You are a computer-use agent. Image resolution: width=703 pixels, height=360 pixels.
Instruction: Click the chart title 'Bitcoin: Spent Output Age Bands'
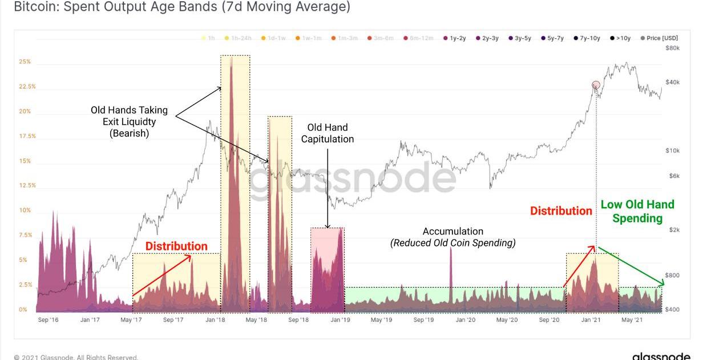(181, 7)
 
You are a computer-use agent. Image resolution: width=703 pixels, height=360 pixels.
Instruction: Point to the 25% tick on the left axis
(25, 62)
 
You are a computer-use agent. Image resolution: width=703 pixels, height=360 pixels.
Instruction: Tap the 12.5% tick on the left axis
(27, 185)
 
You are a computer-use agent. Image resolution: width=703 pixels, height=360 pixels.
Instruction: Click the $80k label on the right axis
(673, 48)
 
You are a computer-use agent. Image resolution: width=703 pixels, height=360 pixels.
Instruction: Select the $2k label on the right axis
(674, 230)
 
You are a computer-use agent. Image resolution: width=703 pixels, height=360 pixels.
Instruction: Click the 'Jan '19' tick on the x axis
(340, 320)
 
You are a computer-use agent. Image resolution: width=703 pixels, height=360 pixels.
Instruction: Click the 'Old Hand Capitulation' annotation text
(328, 134)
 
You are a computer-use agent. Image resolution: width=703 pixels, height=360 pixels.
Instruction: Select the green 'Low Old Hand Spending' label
(637, 211)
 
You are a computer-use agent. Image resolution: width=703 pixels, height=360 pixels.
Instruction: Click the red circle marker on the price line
(596, 85)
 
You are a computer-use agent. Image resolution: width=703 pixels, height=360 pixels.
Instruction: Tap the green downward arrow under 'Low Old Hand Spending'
(632, 267)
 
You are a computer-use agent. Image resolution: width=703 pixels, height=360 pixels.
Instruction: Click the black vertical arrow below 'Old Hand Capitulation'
(328, 188)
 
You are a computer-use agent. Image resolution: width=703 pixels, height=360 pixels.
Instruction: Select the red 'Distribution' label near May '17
(176, 246)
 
